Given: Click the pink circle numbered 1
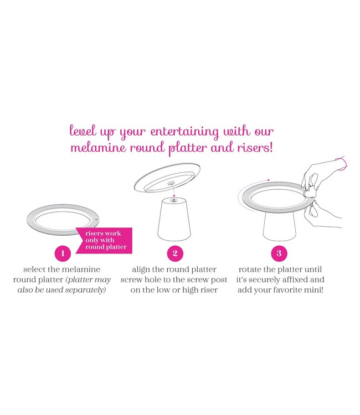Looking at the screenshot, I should [63, 253].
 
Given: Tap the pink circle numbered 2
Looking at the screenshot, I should [175, 253].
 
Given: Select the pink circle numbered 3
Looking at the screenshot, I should [279, 253].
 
